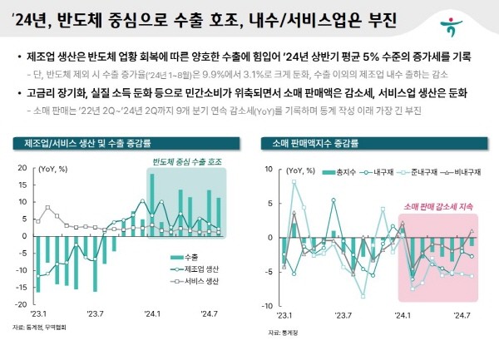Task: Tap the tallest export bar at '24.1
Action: point(152,205)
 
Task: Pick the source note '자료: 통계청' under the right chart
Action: point(281,332)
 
